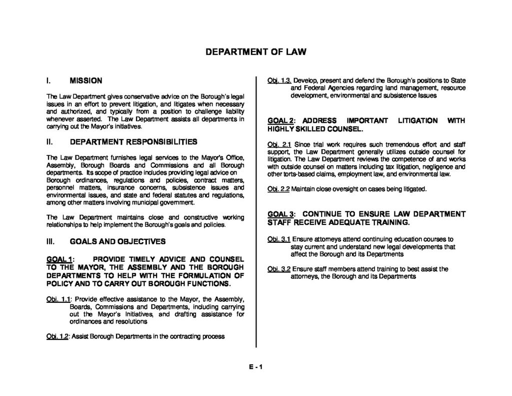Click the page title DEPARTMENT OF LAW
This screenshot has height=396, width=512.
(255, 52)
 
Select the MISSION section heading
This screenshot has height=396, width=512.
(85, 80)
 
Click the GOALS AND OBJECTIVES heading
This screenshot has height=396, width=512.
(117, 241)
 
